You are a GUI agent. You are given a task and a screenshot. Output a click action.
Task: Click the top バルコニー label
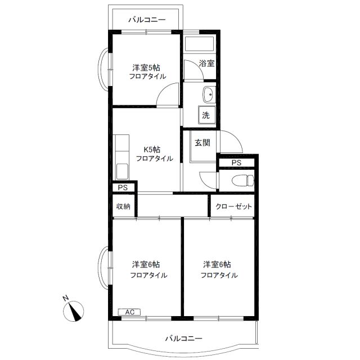tap(147, 20)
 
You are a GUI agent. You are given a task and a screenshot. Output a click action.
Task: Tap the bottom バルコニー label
tap(184, 338)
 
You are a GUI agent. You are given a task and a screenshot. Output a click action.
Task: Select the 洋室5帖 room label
tap(146, 67)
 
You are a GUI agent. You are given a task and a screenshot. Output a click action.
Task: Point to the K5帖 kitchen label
tap(152, 150)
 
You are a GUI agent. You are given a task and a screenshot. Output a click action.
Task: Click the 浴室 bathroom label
tap(206, 63)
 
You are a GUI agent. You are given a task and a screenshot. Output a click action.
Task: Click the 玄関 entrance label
tap(202, 143)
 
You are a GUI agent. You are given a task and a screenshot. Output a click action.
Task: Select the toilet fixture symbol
tap(243, 180)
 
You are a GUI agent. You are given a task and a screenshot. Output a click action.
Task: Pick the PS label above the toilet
tap(236, 163)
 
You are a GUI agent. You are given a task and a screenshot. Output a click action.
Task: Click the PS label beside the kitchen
tap(123, 187)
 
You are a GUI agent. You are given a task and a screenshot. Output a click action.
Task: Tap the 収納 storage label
tap(123, 206)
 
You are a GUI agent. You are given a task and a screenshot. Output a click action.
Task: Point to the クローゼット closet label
tap(233, 206)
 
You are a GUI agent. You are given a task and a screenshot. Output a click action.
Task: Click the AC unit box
tap(129, 312)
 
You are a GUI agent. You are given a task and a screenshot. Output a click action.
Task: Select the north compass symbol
tap(74, 311)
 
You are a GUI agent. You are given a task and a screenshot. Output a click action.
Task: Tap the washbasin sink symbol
tap(209, 94)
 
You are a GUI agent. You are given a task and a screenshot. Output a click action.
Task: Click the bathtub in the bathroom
tap(199, 44)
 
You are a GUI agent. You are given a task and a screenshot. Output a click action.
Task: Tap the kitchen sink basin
tap(122, 171)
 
